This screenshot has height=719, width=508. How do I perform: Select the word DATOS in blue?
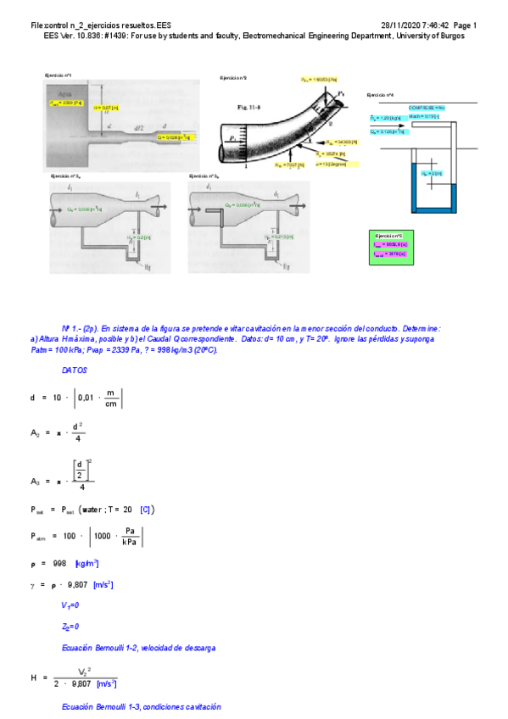[74, 371]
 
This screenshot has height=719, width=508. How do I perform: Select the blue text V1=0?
[70, 605]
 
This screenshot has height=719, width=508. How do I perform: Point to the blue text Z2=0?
[70, 627]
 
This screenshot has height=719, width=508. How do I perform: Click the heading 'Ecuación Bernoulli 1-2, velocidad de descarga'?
[138, 648]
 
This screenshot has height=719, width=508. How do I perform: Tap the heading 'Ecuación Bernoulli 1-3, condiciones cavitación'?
[142, 706]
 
